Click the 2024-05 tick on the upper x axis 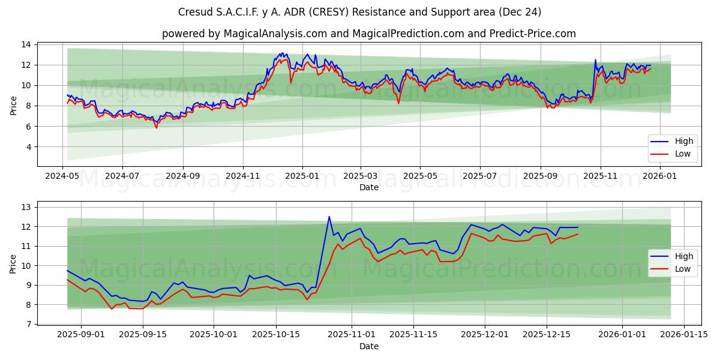[63, 176]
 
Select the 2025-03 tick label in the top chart [361, 176]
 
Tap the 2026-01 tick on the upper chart [660, 176]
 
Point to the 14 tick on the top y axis [27, 44]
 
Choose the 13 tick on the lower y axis [27, 208]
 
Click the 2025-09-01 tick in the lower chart [80, 335]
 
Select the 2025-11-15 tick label [412, 335]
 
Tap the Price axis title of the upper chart [13, 105]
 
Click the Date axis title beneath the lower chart [369, 346]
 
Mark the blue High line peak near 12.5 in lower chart [329, 217]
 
